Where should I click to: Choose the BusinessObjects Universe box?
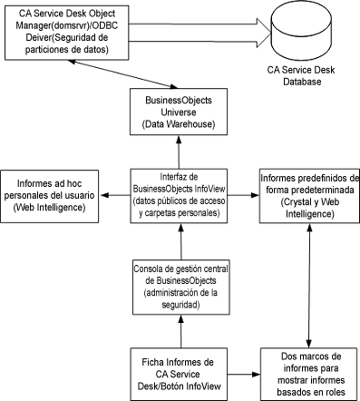[179, 110]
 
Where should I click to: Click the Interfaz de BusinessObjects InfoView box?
[179, 195]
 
